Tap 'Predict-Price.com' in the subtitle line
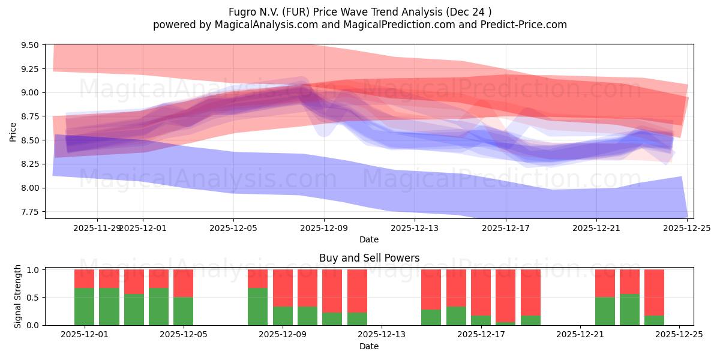[520, 25]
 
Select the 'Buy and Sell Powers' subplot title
[368, 258]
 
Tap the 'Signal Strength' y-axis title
[18, 296]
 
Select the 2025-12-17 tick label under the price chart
[505, 228]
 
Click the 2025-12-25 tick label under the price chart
[686, 228]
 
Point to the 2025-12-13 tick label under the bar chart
[382, 335]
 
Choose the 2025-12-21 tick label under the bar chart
[580, 335]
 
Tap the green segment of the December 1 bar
[85, 307]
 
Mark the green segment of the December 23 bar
[629, 310]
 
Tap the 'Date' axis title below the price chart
[368, 239]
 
